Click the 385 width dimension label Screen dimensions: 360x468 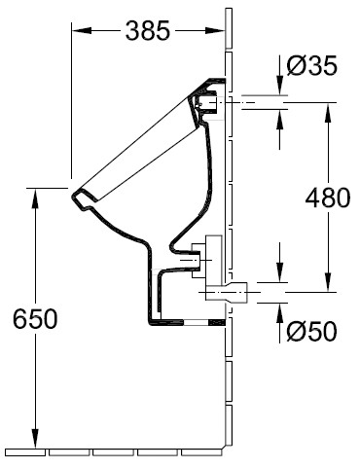click(x=148, y=31)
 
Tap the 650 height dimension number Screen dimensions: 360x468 click(x=35, y=318)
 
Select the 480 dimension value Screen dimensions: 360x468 click(x=328, y=198)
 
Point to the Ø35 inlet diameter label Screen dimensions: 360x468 click(x=312, y=65)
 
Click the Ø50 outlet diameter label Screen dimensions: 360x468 click(x=312, y=331)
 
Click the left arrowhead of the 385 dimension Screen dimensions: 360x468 click(x=81, y=30)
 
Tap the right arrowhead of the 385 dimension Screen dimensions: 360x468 click(x=215, y=30)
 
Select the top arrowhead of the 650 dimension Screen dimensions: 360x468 click(x=35, y=198)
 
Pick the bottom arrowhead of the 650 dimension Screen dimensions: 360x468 click(x=35, y=439)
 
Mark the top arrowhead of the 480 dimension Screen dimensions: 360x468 click(x=328, y=113)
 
